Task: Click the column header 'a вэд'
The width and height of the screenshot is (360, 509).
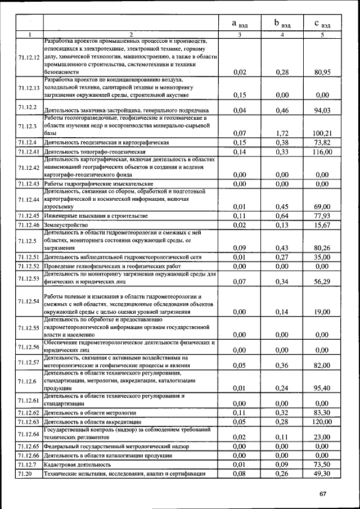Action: tap(239, 24)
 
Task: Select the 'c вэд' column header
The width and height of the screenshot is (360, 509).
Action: tap(322, 24)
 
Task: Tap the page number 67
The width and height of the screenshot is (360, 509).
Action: tap(323, 493)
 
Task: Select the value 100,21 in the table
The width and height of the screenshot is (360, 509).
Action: tap(322, 133)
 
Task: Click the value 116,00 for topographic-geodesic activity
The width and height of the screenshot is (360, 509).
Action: tap(322, 152)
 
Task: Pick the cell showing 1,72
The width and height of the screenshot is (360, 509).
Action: tap(282, 133)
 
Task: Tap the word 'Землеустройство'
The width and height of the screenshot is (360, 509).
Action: tap(67, 225)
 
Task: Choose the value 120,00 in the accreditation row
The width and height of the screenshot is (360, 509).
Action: tap(322, 421)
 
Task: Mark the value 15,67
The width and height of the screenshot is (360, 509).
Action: tap(322, 225)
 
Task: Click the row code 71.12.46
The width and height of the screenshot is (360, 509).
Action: tap(28, 225)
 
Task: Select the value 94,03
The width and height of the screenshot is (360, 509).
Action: tap(322, 110)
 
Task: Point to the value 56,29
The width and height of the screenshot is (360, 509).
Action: tap(322, 281)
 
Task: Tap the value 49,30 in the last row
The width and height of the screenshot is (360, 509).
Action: tap(322, 474)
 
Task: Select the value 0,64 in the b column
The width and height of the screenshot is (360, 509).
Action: tap(282, 216)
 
